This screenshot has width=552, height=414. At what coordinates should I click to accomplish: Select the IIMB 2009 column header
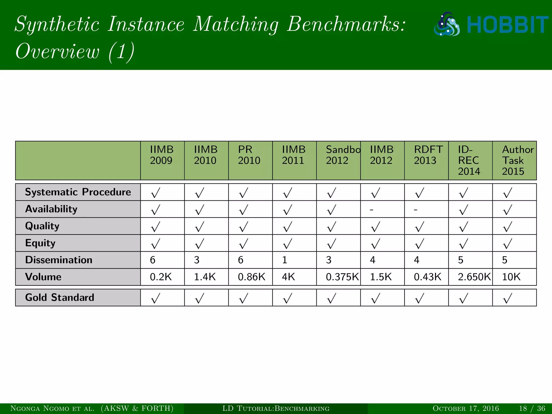[162, 155]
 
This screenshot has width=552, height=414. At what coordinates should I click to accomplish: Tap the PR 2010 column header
[249, 155]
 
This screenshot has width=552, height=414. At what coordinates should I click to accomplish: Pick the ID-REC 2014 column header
[469, 160]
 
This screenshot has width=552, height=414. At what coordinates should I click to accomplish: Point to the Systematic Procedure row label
[78, 192]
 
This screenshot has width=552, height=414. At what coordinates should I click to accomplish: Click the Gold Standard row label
[60, 298]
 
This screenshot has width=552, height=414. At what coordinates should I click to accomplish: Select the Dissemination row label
[59, 260]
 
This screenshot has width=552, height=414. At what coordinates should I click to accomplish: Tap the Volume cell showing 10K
[511, 277]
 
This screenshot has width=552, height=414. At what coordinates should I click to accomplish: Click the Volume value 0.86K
[251, 277]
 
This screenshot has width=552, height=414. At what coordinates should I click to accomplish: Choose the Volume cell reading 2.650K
[474, 277]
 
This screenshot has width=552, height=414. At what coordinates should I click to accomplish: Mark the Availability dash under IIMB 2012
[372, 209]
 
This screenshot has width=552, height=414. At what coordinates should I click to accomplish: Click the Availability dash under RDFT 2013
[416, 209]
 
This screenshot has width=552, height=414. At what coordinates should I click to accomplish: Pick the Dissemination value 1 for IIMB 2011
[285, 260]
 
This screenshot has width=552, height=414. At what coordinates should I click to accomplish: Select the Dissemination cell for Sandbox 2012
[329, 260]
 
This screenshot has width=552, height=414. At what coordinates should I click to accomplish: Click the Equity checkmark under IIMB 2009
[156, 244]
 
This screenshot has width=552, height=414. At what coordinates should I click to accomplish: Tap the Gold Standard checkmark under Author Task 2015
[508, 298]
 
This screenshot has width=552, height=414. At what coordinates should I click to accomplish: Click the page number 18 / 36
[532, 408]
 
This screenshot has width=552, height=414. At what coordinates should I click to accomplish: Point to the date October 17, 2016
[465, 408]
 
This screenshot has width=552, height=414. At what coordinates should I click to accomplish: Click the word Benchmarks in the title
[346, 24]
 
